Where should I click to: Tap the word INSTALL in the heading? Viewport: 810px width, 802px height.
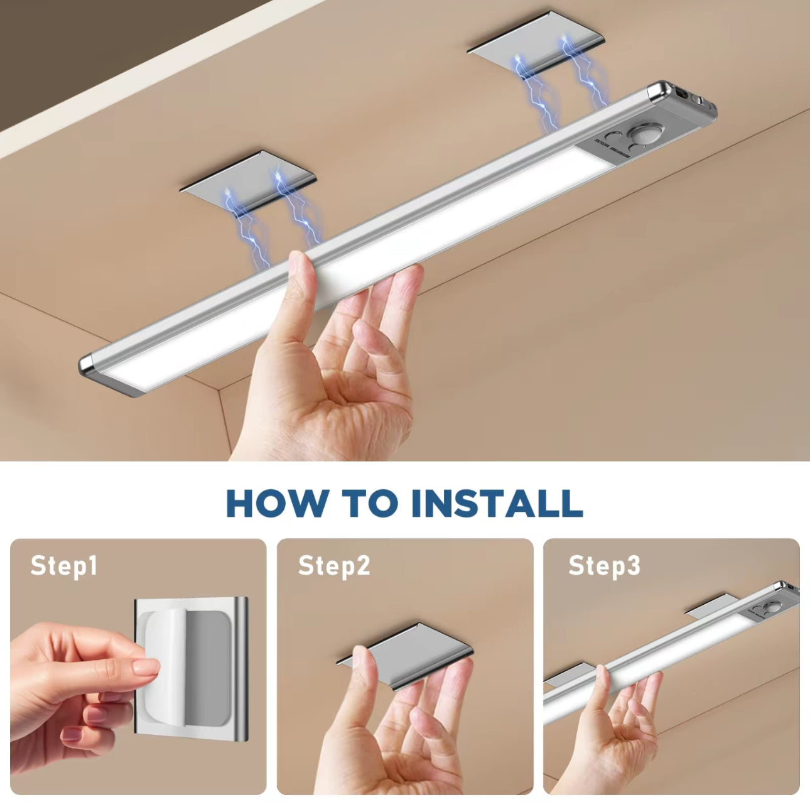(497, 502)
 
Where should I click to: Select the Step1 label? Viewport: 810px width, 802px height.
(64, 566)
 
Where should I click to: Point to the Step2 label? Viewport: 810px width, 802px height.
(334, 566)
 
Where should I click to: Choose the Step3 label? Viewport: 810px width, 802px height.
(605, 566)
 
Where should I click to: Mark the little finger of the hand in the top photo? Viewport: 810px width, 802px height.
(370, 332)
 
